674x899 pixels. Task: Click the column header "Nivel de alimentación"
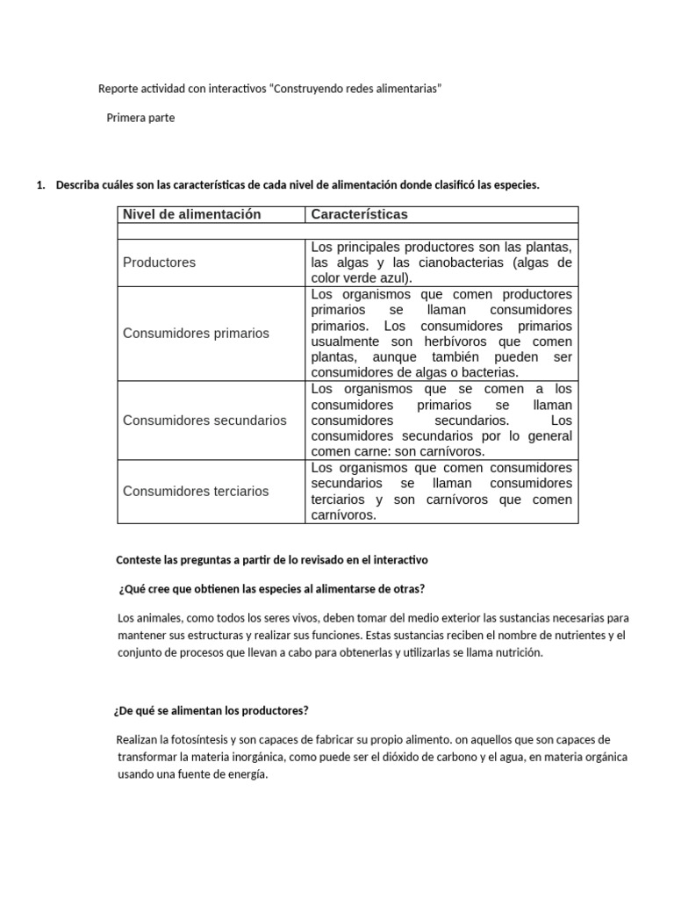[191, 214]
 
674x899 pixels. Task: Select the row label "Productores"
[160, 263]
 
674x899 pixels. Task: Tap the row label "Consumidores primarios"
[196, 334]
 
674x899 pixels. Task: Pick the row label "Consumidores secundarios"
[204, 421]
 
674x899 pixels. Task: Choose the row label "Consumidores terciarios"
[196, 492]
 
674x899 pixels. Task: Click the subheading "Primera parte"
[140, 118]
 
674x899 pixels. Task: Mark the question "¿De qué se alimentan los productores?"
[212, 710]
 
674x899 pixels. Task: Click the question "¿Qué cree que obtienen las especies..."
[271, 588]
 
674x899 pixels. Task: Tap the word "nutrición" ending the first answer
[518, 652]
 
